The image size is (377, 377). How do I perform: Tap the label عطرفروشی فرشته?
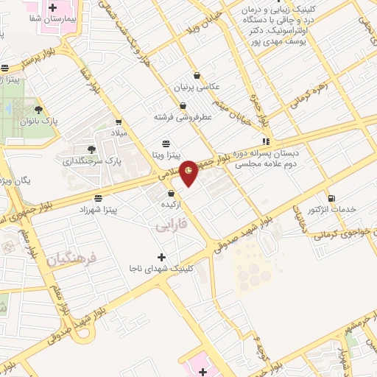click(182, 116)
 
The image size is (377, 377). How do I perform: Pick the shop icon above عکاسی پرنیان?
click(197, 75)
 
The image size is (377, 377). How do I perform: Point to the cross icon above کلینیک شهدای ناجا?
click(161, 257)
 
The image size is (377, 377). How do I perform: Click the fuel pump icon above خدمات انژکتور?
click(331, 198)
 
